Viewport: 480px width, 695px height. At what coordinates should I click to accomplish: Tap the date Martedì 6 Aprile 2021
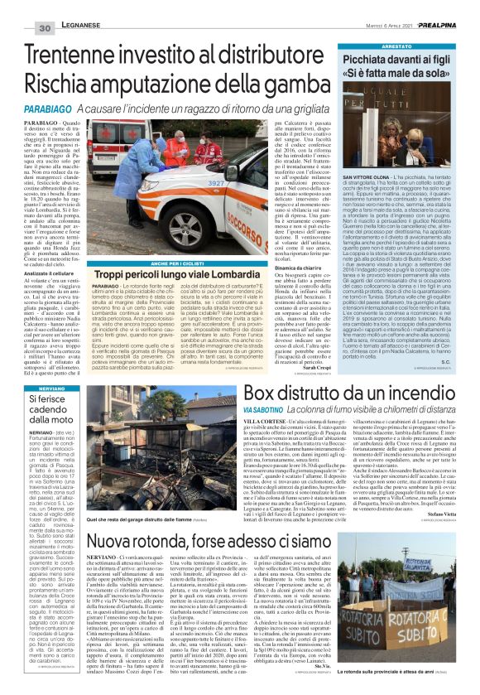click(386, 7)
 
